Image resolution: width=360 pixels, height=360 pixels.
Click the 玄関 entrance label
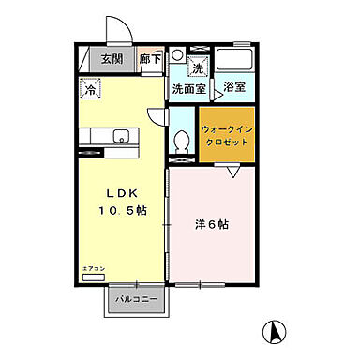(x=112, y=58)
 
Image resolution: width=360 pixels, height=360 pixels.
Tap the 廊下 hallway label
(x=150, y=58)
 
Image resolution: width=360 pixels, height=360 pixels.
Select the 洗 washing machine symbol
(x=197, y=68)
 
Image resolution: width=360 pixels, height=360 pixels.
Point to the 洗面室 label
(x=188, y=89)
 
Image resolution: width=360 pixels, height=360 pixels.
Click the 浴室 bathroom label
(x=234, y=87)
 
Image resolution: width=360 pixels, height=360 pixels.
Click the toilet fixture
(x=184, y=141)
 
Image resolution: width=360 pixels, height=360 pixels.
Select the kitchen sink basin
(x=120, y=137)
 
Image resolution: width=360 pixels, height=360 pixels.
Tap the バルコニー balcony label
(x=135, y=300)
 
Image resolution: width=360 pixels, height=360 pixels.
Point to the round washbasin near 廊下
(x=178, y=53)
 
